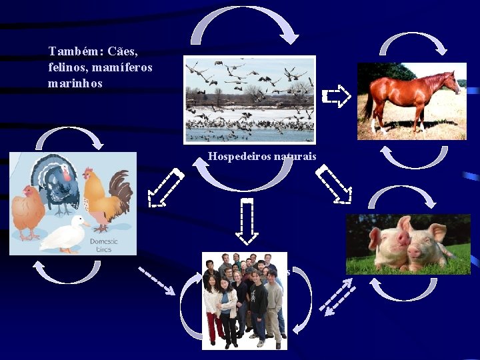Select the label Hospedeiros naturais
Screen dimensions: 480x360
pos(262,157)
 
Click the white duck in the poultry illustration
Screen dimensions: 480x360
pos(64,233)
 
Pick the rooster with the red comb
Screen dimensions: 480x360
pos(107,193)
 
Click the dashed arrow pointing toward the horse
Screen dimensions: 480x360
pos(337,96)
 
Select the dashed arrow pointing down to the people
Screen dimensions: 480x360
pos(247,220)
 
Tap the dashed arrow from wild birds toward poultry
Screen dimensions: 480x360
pos(165,187)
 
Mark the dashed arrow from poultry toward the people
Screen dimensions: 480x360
pos(157,280)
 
